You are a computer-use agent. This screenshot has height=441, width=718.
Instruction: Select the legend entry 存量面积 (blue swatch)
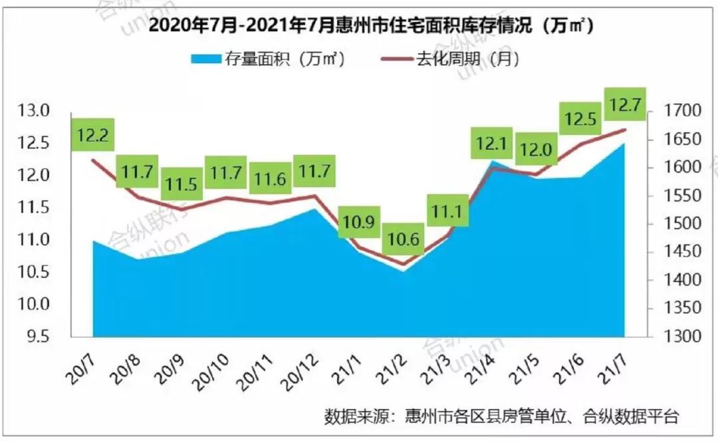[x=267, y=59]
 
